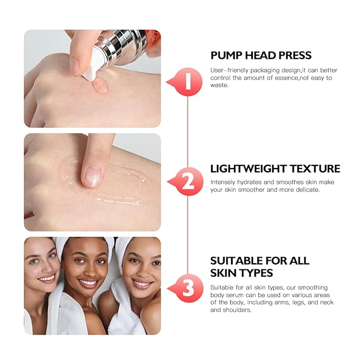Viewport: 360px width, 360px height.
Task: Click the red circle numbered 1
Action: point(187,81)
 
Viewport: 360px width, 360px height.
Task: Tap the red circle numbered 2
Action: point(187,182)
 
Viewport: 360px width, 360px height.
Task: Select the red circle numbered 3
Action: point(187,289)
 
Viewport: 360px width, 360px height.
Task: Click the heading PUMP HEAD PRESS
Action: point(261,56)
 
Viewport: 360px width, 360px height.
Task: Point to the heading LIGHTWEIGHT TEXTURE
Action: point(275,169)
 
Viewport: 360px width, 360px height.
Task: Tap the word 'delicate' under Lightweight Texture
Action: point(306,190)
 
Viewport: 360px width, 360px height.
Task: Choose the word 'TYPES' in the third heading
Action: point(252,273)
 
